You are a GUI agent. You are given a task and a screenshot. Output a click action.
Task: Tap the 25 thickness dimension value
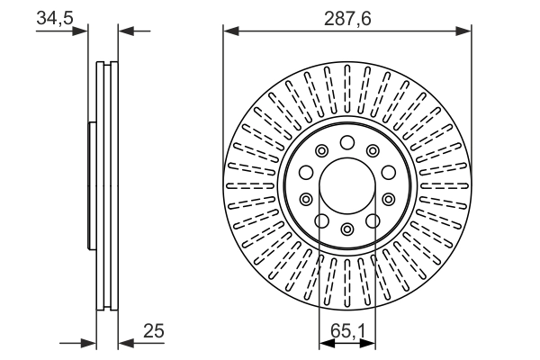coord(154,331)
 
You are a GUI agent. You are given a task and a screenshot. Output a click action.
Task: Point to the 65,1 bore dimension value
coord(347,331)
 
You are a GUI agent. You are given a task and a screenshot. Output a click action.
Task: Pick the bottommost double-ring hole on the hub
coord(347,228)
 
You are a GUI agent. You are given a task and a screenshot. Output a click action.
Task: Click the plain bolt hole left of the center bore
coord(305,173)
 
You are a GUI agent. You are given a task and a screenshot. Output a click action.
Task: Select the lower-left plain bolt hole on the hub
coord(321,220)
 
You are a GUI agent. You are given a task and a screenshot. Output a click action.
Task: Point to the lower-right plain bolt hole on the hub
coord(373,220)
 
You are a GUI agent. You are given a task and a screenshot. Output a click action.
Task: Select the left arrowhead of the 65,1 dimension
coord(325,343)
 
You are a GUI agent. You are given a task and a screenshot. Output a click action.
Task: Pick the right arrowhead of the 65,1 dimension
coord(370,343)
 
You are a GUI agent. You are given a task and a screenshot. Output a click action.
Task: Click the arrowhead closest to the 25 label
coord(124,343)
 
